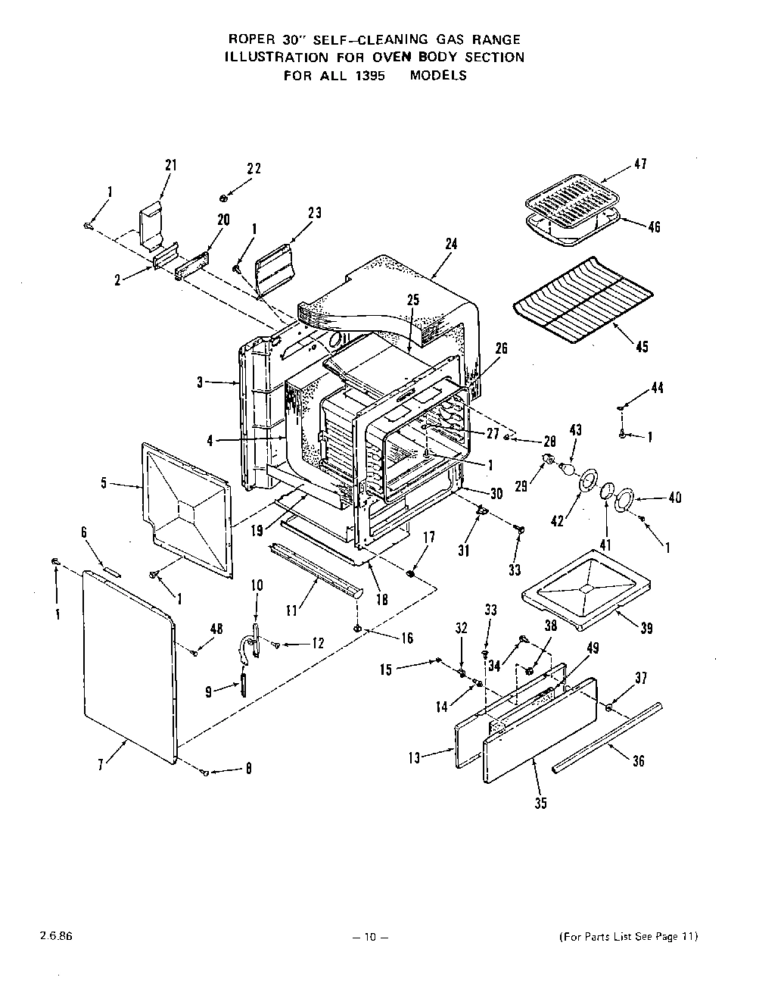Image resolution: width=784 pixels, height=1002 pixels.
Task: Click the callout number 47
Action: (x=640, y=164)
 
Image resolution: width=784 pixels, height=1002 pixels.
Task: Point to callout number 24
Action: (x=452, y=244)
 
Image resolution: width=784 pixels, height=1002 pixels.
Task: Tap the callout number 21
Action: (x=171, y=165)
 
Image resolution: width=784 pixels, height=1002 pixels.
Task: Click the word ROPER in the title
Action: (x=250, y=39)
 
